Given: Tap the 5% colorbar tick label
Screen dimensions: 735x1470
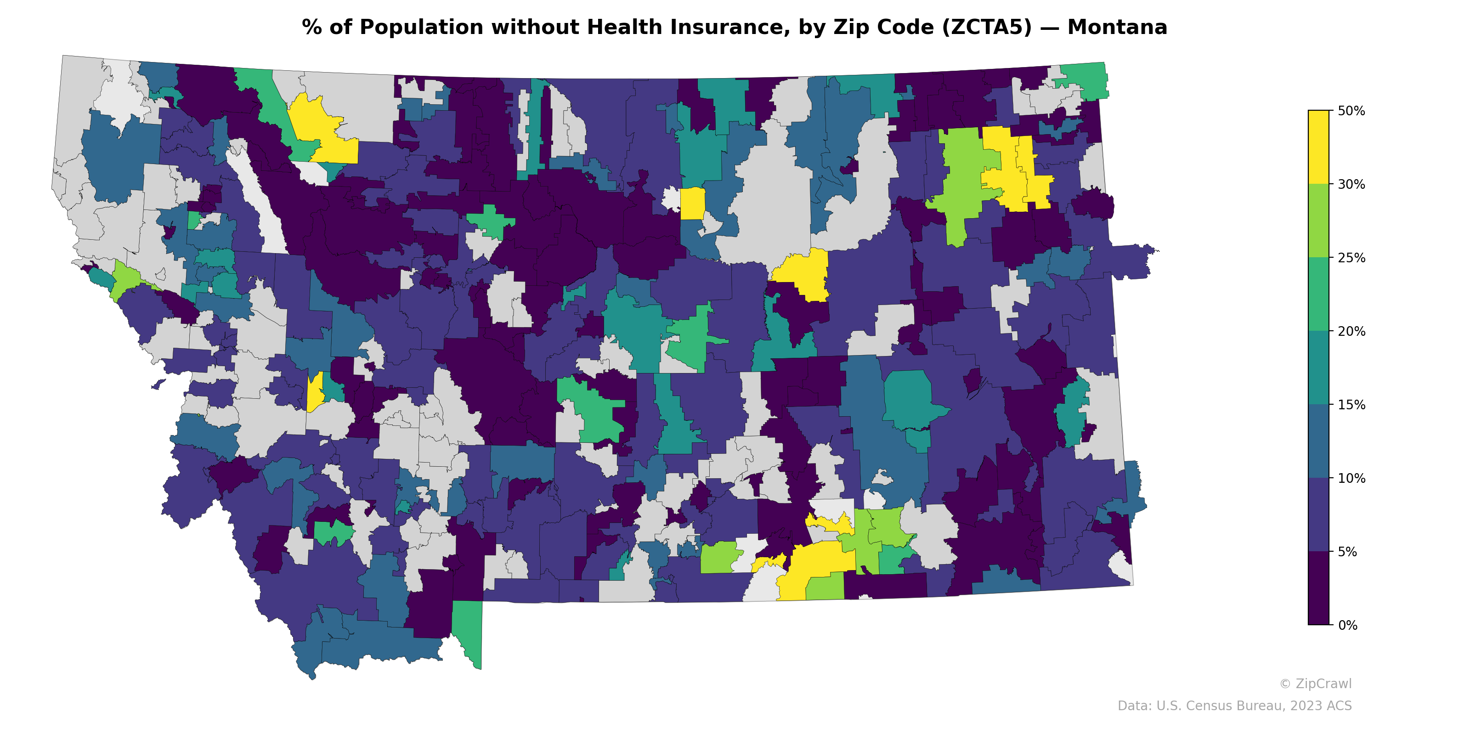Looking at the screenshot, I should pos(1347,552).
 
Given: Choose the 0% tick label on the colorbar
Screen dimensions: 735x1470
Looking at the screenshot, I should pos(1347,625).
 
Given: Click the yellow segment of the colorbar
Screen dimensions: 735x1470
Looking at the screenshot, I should pos(1318,147).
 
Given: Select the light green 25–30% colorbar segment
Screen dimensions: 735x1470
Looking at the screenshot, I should pos(1318,221).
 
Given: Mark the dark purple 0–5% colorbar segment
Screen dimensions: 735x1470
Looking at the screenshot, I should pos(1318,588).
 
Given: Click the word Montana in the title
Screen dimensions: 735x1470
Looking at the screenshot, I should pos(1117,28).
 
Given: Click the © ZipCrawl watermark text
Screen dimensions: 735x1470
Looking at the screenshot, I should pos(1315,684).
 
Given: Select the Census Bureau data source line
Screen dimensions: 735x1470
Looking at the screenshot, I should pos(1234,706).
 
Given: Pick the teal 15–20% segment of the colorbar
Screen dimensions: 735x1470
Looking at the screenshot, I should pos(1318,368).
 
